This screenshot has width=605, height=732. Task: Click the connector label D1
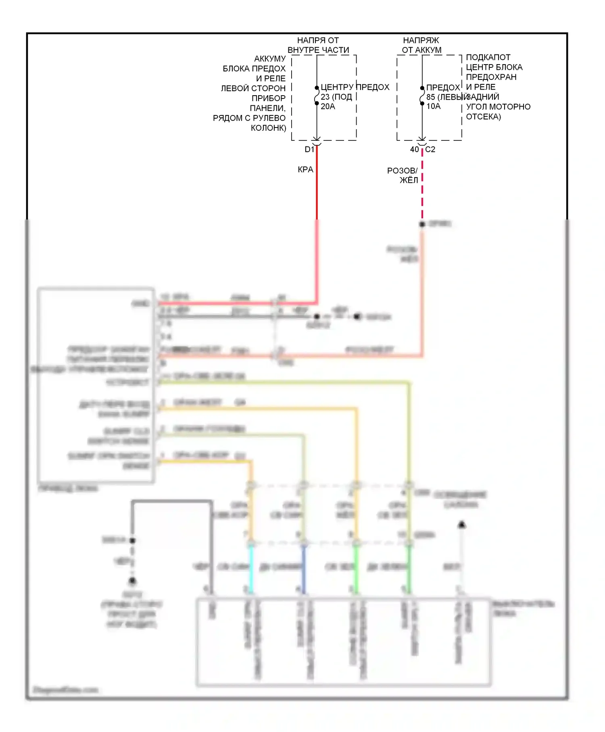(309, 150)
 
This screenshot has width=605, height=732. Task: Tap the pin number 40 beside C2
(414, 150)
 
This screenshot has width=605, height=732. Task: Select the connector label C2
(430, 150)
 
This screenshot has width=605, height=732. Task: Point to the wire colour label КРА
(305, 170)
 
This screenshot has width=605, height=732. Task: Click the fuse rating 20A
(328, 107)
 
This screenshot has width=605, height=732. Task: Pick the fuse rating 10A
(434, 107)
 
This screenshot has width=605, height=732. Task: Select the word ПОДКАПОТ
(488, 57)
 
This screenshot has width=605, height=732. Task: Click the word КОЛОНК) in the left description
(268, 128)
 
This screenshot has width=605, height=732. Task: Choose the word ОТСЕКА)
(483, 117)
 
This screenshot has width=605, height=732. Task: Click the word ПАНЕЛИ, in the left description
(268, 108)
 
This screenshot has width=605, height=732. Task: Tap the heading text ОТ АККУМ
(421, 50)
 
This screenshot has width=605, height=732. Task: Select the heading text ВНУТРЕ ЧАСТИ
(318, 50)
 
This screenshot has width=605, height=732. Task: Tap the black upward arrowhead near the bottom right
(462, 525)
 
